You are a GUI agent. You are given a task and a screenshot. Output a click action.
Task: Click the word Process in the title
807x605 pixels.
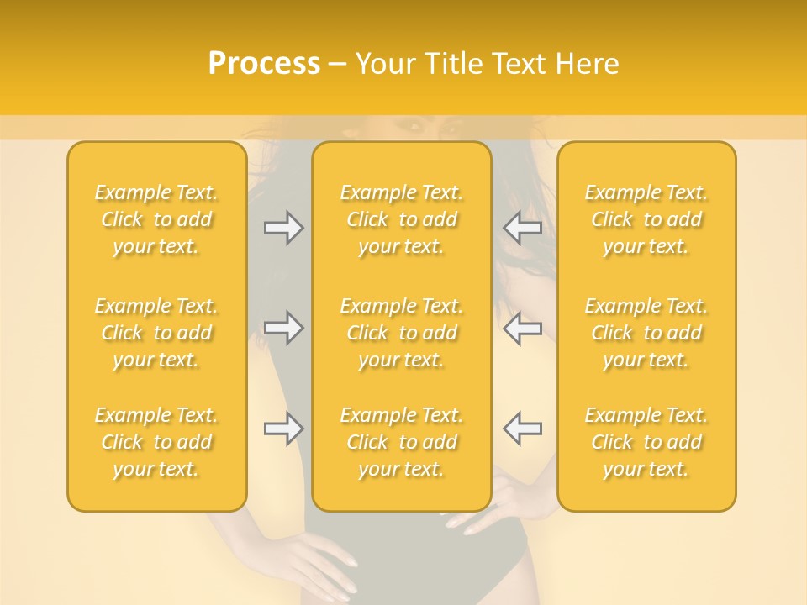point(264,64)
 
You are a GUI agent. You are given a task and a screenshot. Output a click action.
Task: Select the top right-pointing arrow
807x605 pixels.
point(284,228)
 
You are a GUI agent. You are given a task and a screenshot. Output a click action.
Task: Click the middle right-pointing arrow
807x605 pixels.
point(284,328)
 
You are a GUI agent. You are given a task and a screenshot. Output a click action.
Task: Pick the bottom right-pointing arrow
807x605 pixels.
point(284,429)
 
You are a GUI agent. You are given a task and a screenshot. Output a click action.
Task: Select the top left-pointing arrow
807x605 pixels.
point(523,228)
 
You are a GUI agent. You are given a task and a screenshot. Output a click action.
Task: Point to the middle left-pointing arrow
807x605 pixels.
point(523,328)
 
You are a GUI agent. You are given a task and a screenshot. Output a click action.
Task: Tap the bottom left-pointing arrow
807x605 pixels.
point(523,428)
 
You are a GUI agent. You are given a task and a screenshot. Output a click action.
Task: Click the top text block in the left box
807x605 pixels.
point(156,219)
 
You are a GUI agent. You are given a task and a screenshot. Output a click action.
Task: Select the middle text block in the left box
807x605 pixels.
point(156,333)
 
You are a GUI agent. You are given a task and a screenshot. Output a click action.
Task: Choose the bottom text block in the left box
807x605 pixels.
point(156,442)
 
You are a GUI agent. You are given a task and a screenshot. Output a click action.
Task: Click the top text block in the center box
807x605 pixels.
point(401,219)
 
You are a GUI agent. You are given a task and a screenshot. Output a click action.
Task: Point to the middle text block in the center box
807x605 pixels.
point(401,333)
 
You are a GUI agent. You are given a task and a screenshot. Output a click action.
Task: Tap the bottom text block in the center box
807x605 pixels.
point(401,442)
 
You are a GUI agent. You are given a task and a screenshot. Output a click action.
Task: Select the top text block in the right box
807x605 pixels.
point(646,219)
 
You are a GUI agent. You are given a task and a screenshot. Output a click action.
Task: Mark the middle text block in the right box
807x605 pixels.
point(646,333)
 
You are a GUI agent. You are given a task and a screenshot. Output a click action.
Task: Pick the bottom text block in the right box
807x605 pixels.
point(646,442)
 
